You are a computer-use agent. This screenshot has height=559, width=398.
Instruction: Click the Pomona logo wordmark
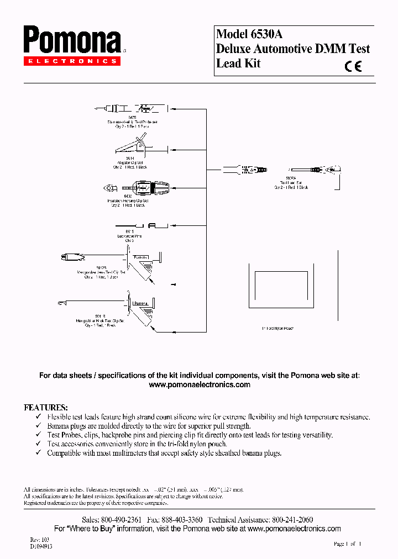(x=72, y=41)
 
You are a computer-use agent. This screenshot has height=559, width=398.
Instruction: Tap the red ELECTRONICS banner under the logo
(x=71, y=61)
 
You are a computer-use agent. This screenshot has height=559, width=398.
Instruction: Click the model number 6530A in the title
(x=264, y=34)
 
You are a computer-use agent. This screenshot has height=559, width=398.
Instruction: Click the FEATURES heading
(x=45, y=407)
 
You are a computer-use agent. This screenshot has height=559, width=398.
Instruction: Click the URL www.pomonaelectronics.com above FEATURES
(x=200, y=384)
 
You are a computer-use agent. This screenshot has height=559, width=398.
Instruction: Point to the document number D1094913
(x=41, y=546)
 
